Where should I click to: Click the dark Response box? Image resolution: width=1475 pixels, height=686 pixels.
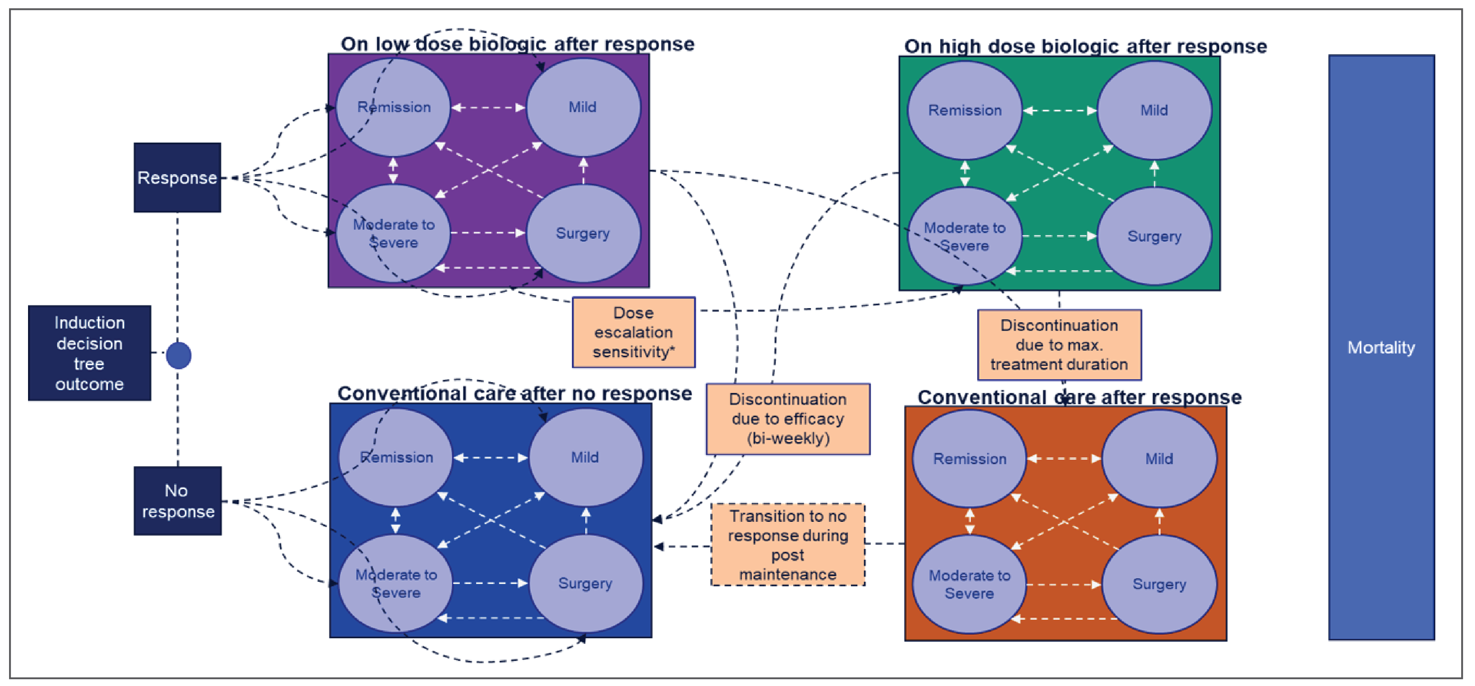[x=177, y=178]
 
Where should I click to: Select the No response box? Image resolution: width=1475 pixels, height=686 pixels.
[x=178, y=501]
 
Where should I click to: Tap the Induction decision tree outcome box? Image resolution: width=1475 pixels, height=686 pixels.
[x=89, y=353]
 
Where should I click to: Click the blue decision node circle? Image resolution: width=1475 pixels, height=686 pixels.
[x=179, y=355]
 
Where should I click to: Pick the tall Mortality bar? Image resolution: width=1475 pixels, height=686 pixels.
[x=1381, y=347]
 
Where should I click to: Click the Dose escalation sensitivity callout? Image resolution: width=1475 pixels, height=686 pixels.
[x=633, y=332]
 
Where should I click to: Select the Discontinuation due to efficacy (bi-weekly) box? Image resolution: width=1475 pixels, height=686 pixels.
[x=788, y=419]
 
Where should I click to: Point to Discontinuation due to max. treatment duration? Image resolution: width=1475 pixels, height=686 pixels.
[x=1059, y=345]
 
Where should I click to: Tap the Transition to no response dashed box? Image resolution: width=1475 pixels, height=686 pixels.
[x=788, y=545]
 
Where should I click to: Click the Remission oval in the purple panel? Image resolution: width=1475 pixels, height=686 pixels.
[x=393, y=107]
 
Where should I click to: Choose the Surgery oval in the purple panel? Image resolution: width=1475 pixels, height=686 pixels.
[x=583, y=234]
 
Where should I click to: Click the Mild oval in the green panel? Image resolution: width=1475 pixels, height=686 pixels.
[x=1154, y=110]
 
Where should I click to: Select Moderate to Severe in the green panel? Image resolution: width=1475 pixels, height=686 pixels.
[x=965, y=236]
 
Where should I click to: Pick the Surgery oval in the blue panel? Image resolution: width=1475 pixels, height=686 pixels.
[x=585, y=583]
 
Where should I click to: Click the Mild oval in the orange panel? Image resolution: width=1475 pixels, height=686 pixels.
[x=1159, y=459]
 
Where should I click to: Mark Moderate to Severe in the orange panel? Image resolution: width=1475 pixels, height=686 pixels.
[x=969, y=584]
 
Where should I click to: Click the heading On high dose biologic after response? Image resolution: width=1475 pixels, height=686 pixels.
[x=1085, y=47]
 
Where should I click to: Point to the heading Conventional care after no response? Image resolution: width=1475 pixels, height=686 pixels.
[x=514, y=394]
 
